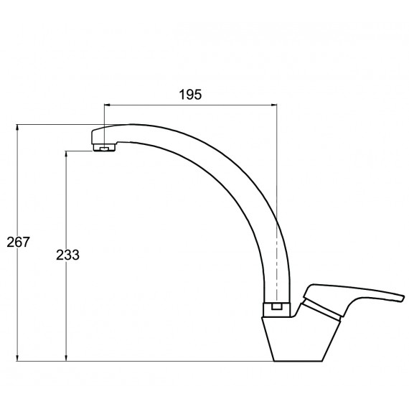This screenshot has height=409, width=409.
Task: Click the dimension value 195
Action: (x=190, y=95)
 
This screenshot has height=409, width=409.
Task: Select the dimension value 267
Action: (x=18, y=242)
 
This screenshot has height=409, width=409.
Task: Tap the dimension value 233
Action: (x=67, y=255)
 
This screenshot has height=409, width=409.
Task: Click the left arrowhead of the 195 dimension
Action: (x=107, y=105)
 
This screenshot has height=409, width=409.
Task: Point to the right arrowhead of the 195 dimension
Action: (x=274, y=105)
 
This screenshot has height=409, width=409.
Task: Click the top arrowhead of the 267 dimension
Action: (x=17, y=127)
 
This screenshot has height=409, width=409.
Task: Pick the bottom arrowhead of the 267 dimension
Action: (x=17, y=358)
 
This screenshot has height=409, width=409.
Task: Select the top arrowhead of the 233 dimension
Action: (x=66, y=154)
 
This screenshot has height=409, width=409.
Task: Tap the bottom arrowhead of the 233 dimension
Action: (x=66, y=358)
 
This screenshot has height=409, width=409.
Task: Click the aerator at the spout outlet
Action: (x=104, y=148)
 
